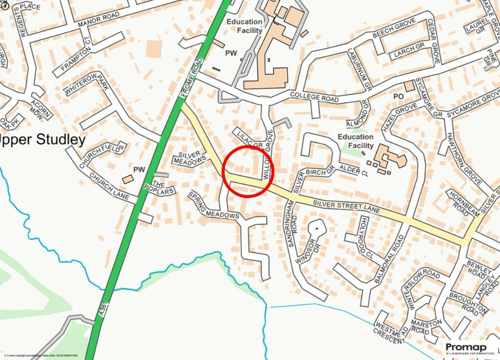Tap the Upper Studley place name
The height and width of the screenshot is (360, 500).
[x=42, y=140]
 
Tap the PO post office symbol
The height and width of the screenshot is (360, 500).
[x=398, y=97]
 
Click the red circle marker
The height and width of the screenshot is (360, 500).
[x=248, y=171]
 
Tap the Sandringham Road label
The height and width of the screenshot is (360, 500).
[x=293, y=227]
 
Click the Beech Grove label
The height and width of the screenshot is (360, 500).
[x=394, y=28]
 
